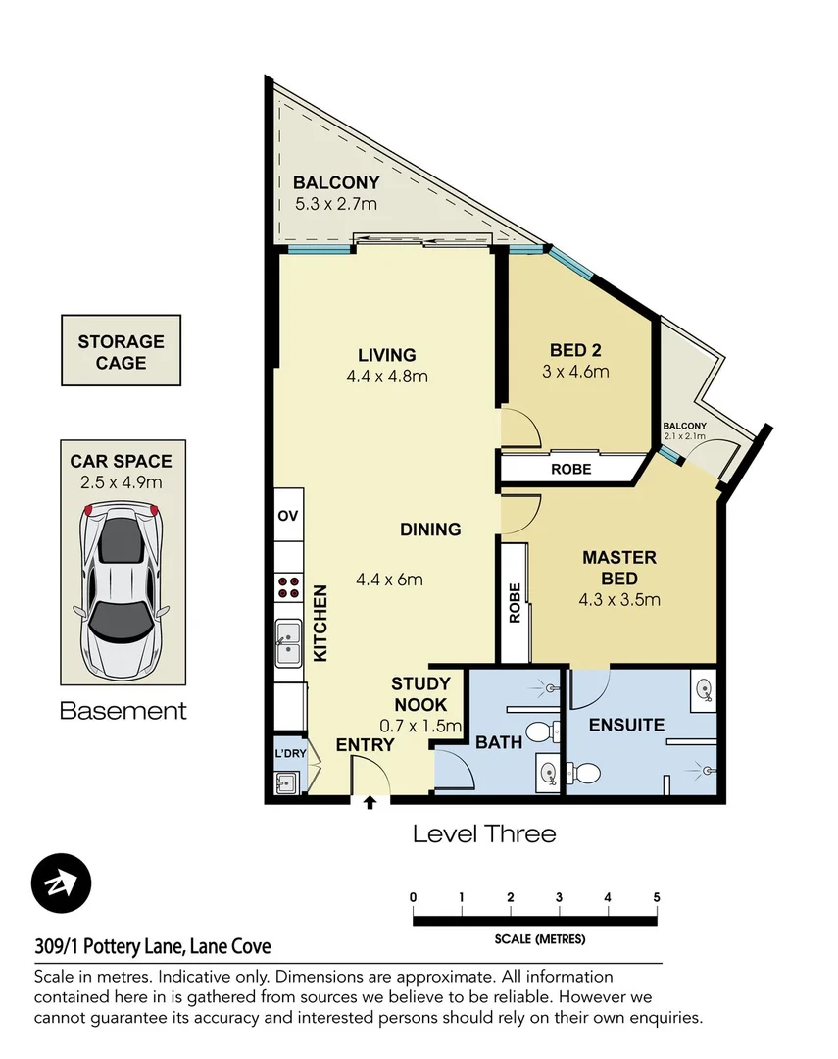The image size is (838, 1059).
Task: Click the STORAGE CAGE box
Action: point(122,351)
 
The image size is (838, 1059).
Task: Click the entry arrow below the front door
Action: point(370,804)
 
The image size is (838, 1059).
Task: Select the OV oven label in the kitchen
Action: point(288,516)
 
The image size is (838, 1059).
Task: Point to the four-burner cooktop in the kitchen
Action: point(290,587)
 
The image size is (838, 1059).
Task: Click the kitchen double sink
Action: point(289,642)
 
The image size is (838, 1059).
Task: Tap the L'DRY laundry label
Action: point(289,753)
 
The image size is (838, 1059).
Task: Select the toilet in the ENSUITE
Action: point(585,774)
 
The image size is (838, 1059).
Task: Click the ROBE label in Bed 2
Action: point(570,469)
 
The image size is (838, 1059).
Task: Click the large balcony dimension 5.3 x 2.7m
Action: point(336,204)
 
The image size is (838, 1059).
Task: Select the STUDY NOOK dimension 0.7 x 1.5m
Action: point(420,726)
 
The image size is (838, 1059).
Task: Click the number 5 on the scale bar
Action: point(656,897)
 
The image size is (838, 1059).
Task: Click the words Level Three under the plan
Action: point(484,834)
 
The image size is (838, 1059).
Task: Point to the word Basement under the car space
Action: point(123,711)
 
